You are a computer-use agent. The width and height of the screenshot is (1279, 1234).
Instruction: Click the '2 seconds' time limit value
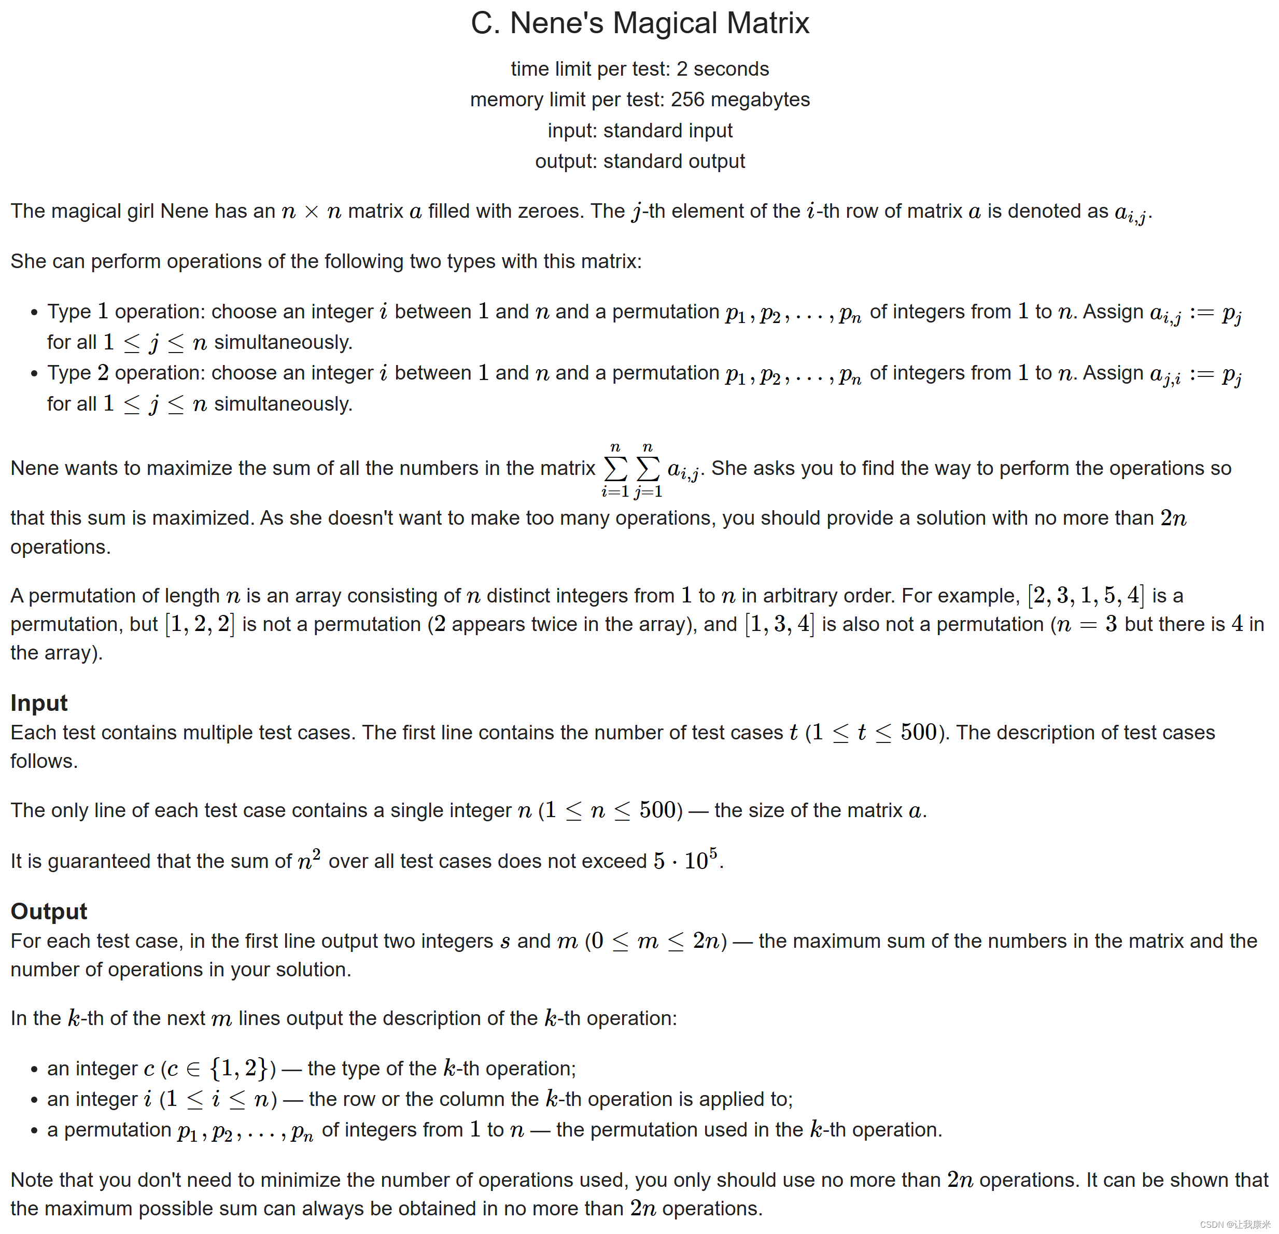722,68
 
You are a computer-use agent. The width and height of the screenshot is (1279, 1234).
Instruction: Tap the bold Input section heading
39,703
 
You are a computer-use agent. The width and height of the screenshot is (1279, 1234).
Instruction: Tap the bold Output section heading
49,911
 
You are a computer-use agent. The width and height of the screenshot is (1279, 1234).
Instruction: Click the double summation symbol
631,469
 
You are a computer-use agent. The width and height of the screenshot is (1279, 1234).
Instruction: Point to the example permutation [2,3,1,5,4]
1086,595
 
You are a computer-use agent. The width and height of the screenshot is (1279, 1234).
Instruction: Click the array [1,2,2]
200,624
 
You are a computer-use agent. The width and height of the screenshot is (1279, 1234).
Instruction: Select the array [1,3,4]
780,624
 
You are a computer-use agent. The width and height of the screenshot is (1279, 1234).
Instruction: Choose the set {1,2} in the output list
239,1068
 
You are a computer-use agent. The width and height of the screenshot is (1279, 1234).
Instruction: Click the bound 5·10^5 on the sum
686,860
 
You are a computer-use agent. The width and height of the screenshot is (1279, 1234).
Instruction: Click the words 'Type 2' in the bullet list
78,373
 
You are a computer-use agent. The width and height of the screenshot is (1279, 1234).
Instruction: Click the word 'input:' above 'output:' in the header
572,131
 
